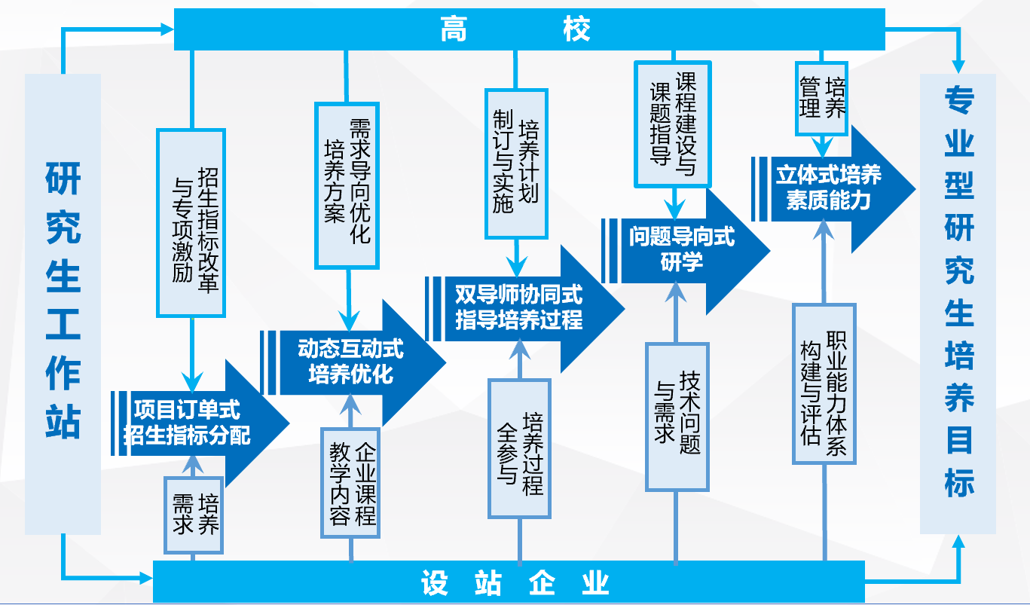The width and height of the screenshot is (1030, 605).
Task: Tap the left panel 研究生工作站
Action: click(63, 301)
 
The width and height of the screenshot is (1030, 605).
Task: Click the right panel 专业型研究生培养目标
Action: click(958, 301)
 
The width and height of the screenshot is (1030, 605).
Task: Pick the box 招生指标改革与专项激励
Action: click(191, 222)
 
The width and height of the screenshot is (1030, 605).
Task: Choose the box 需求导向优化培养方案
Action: click(347, 185)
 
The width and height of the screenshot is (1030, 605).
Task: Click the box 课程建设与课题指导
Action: click(673, 123)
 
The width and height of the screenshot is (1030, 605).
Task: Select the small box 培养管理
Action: click(821, 97)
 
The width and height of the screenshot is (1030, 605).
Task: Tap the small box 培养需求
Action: click(194, 515)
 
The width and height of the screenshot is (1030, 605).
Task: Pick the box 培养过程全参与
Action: click(520, 449)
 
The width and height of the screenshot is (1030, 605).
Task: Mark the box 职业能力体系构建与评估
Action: click(824, 383)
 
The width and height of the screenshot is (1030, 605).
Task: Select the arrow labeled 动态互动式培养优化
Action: click(351, 361)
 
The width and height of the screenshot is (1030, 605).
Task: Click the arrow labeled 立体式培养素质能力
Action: click(829, 188)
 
